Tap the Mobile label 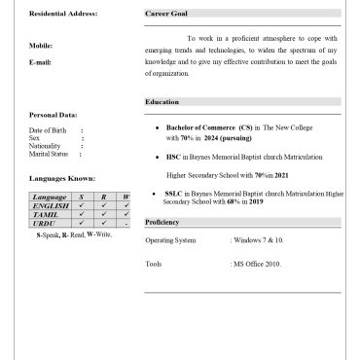[41, 46]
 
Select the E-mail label [41, 61]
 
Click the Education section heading [162, 102]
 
